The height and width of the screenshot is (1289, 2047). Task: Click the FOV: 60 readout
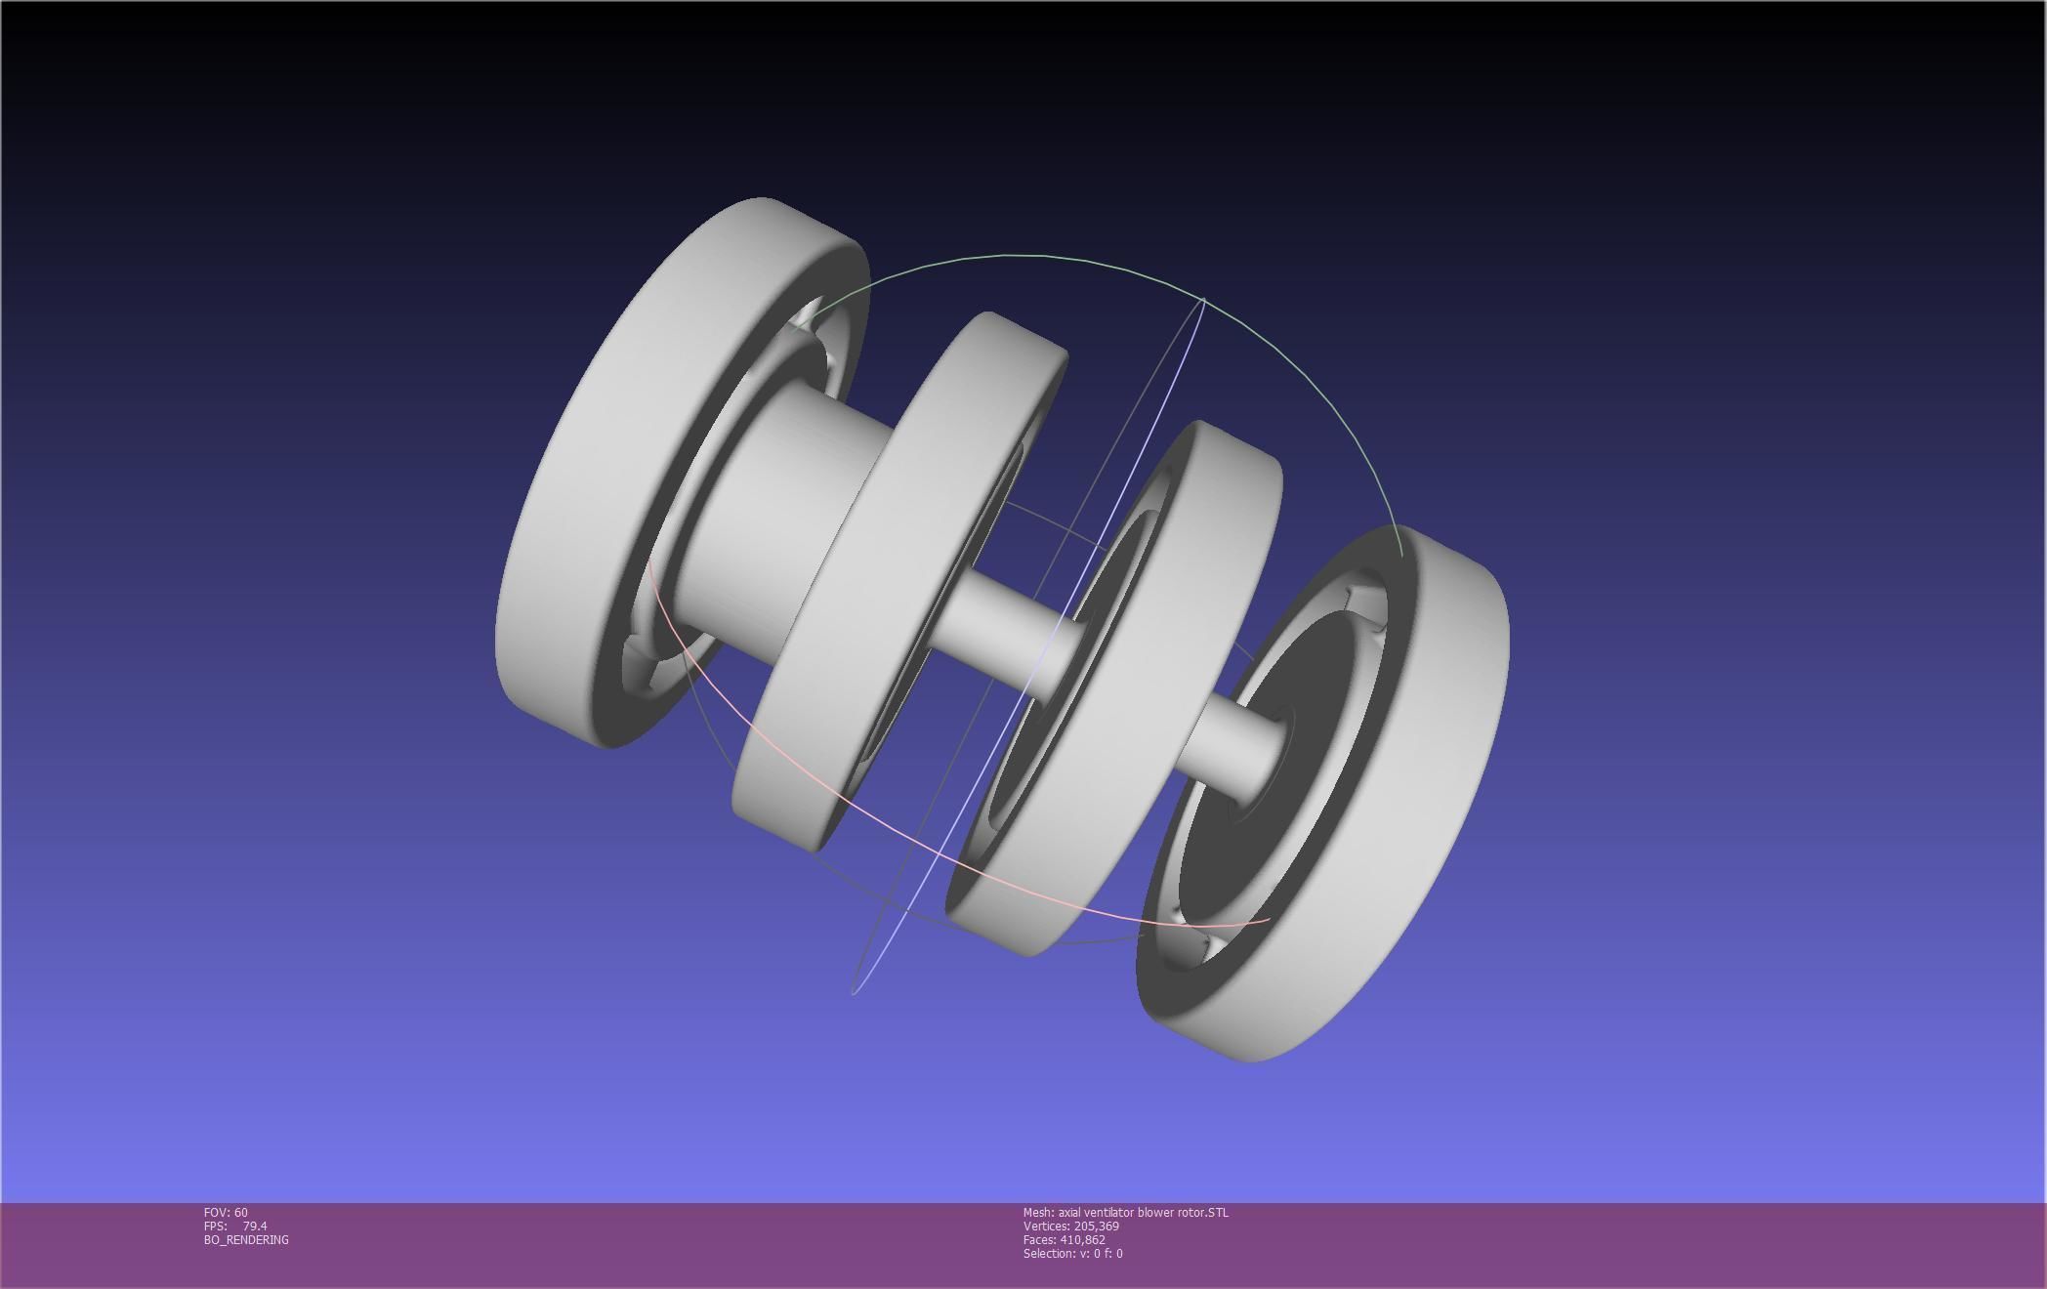[x=226, y=1212]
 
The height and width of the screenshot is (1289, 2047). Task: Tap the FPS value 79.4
[x=254, y=1226]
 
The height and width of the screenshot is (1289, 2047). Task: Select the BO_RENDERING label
[x=246, y=1239]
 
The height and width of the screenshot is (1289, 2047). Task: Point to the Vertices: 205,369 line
[x=1070, y=1226]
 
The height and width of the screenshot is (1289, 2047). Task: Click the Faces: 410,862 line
[x=1064, y=1239]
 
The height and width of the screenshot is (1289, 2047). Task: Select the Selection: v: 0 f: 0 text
[x=1072, y=1253]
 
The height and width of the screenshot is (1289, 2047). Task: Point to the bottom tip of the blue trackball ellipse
[x=855, y=992]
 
